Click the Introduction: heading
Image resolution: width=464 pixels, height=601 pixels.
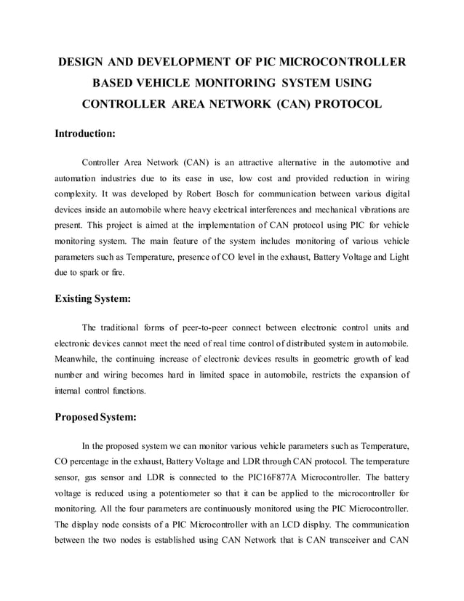click(x=85, y=134)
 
